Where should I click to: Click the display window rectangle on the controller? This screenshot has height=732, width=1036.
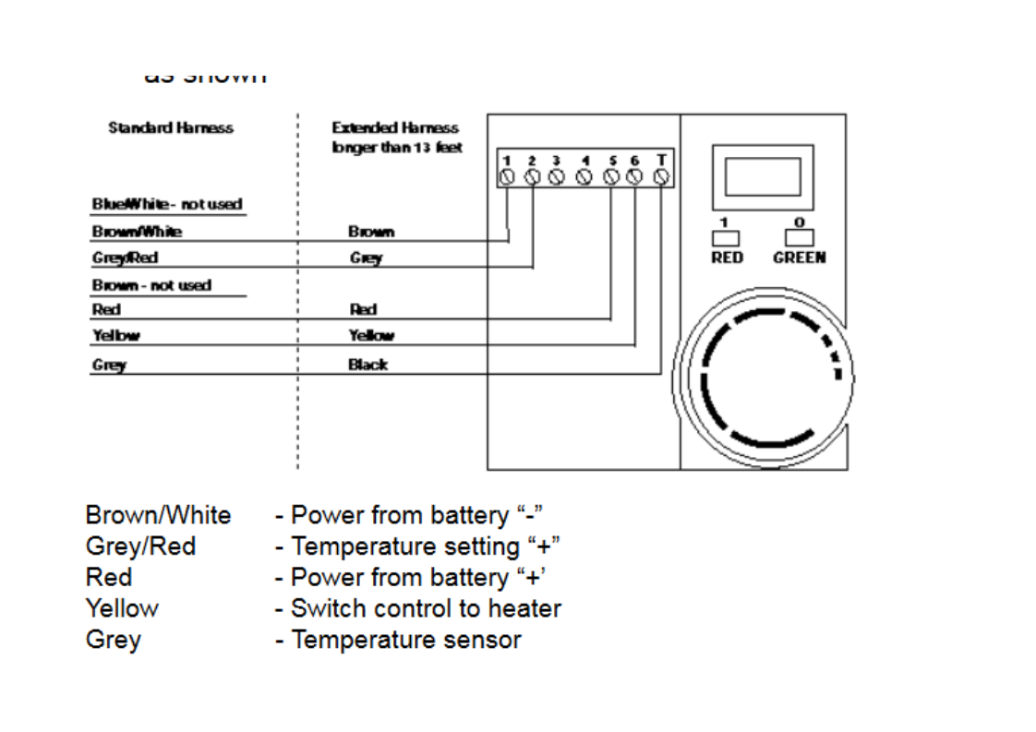tap(762, 176)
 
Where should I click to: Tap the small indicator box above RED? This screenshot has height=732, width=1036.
tap(726, 237)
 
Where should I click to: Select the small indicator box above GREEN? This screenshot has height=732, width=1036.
tap(799, 237)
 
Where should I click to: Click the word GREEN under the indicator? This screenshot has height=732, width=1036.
tap(799, 258)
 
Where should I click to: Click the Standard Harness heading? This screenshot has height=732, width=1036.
tap(170, 127)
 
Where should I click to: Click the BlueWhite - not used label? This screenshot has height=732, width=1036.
tap(167, 204)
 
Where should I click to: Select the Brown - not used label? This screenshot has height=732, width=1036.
tap(151, 285)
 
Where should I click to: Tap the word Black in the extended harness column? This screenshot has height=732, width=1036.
tap(367, 365)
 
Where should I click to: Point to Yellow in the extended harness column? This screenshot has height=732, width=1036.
tap(371, 336)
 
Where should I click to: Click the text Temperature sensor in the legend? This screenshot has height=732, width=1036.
tap(405, 640)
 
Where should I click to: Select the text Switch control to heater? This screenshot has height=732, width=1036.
tap(425, 608)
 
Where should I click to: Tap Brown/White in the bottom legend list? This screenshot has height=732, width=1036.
tap(158, 515)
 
